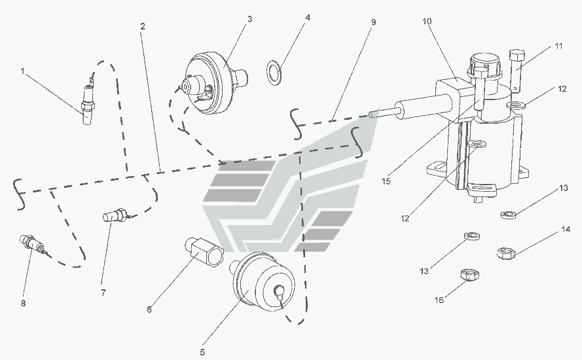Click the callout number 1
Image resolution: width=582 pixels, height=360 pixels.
[23, 71]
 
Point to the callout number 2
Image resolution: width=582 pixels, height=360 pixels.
[143, 26]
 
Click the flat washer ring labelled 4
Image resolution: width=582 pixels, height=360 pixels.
[273, 71]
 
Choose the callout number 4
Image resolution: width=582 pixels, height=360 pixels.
[308, 18]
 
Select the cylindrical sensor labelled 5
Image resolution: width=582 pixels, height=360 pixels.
[263, 281]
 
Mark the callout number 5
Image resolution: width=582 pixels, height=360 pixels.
[202, 352]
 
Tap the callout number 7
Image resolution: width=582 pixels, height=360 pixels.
[103, 293]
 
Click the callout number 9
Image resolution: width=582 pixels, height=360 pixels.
[373, 22]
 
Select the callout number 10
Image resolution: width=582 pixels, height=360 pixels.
[427, 21]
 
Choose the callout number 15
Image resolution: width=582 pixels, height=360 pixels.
[386, 181]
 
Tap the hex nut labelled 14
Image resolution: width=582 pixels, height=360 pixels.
[506, 253]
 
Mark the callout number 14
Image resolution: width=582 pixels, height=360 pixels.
[566, 230]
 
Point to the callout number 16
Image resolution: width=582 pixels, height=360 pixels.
[439, 300]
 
